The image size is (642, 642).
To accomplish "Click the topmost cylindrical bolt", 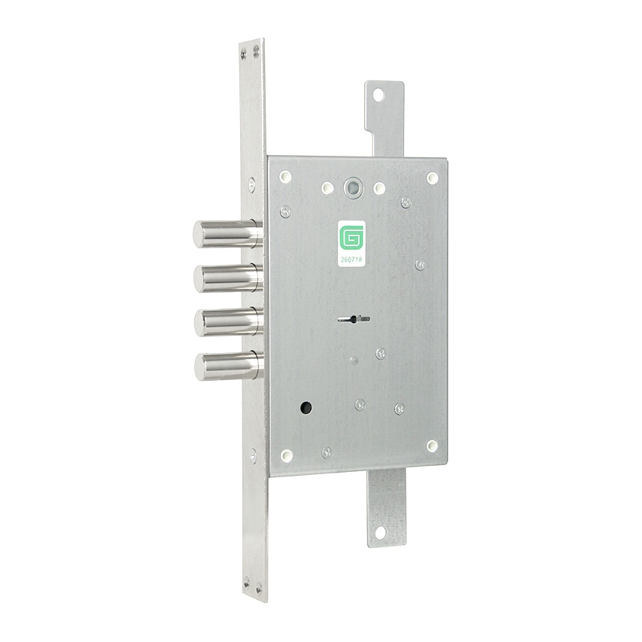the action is [x=227, y=234].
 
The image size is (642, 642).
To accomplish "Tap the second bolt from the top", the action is [x=229, y=278].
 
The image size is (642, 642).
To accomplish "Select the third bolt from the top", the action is [x=229, y=322].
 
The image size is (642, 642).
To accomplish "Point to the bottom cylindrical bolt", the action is [x=230, y=366].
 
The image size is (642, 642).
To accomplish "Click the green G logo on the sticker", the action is [x=351, y=239].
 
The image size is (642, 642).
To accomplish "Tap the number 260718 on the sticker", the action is [x=351, y=259].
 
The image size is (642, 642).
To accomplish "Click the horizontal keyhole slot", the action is [x=354, y=319].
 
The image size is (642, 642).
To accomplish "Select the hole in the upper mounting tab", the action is [x=379, y=95].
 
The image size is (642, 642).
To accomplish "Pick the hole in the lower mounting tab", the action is [x=380, y=534].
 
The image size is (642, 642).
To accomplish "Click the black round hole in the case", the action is [x=306, y=407].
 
